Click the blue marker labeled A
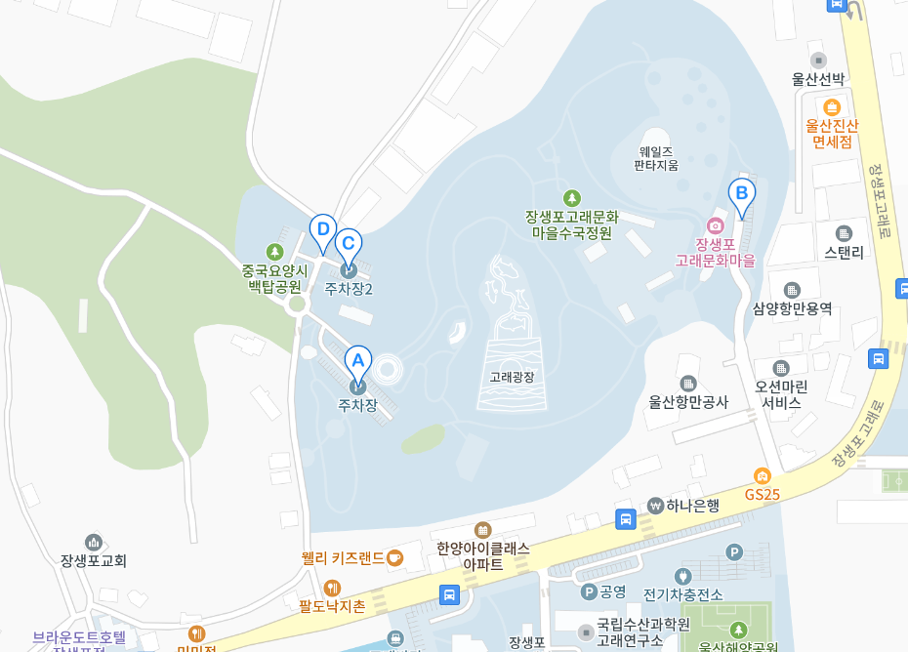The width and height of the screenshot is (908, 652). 357,360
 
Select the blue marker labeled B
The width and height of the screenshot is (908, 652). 741,192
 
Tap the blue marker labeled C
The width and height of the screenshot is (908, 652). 349,243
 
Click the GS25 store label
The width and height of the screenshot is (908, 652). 763,494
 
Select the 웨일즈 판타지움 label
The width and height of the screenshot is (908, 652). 656,158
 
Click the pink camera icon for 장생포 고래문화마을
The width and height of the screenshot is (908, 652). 716,225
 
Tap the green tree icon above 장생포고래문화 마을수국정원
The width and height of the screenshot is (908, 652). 571,198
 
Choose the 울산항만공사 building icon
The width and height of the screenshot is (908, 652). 688,384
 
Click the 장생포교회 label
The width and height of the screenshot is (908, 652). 94,560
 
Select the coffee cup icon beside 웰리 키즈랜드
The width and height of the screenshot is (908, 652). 394,557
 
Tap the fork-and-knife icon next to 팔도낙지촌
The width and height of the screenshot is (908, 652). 332,588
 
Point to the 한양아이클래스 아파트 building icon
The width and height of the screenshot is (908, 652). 483,530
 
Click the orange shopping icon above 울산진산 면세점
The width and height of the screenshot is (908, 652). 832,107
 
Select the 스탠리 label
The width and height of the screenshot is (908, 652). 844,252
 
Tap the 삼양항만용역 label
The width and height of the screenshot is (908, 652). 792,308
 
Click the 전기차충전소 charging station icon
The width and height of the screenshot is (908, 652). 683,576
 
